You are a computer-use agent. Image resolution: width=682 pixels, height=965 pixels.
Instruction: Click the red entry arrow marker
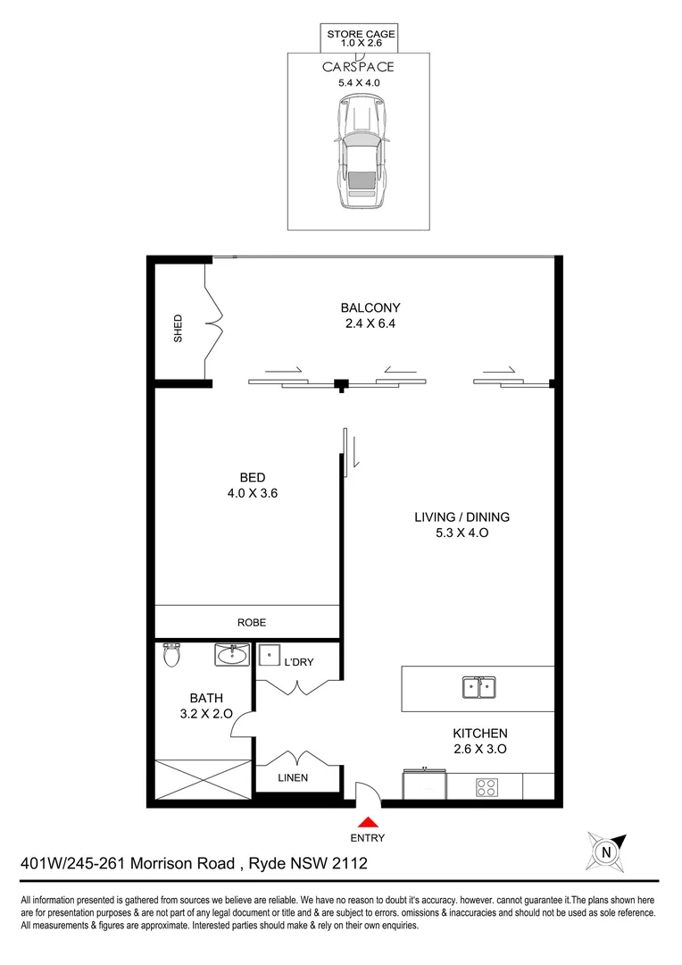click(x=367, y=822)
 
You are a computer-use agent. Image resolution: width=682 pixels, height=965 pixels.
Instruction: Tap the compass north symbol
click(x=607, y=852)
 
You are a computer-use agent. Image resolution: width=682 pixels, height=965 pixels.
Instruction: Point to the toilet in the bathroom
click(x=172, y=657)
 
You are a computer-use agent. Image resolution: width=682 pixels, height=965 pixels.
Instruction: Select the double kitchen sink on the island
click(x=480, y=687)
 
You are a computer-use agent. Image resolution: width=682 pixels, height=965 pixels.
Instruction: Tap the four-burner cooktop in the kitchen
click(x=487, y=787)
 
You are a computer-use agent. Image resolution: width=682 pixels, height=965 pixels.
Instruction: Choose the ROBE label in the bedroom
click(x=251, y=623)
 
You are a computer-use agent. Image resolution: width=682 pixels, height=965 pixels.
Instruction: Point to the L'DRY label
click(x=298, y=662)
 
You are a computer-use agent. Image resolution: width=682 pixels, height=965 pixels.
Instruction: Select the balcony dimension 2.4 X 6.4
click(x=370, y=324)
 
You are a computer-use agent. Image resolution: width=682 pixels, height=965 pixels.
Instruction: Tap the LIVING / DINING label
click(x=462, y=516)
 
